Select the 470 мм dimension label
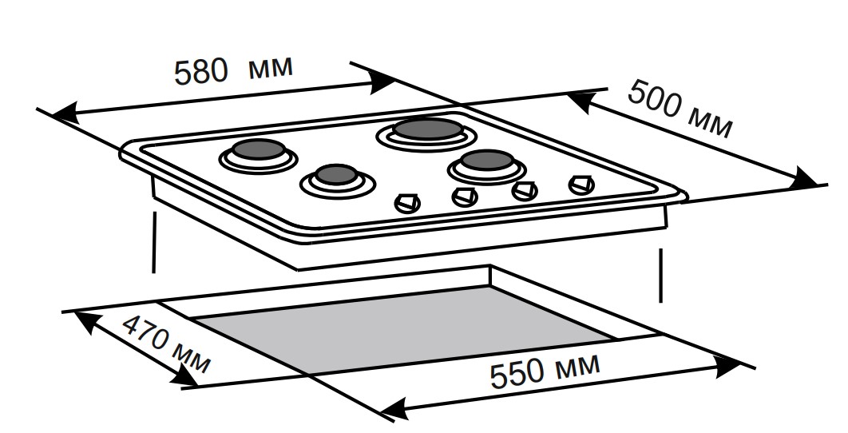[x=166, y=345]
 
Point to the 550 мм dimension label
[x=544, y=371]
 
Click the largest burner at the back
[x=426, y=129]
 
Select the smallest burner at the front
[x=335, y=177]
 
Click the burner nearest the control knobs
[x=485, y=163]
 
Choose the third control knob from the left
[x=524, y=190]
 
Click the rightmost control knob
[x=581, y=185]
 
